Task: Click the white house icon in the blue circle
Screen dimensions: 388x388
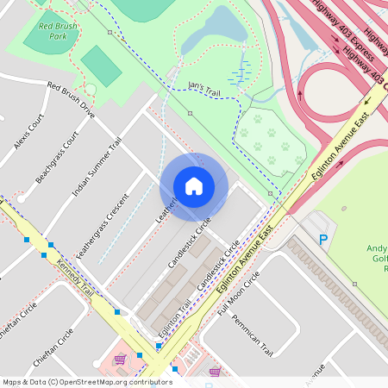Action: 194,186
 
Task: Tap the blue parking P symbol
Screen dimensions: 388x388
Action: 323,240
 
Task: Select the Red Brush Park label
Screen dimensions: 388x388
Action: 58,32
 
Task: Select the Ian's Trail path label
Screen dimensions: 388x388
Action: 205,87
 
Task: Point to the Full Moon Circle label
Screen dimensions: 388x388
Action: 239,292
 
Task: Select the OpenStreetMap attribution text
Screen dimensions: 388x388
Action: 87,381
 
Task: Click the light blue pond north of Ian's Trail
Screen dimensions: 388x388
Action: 223,26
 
